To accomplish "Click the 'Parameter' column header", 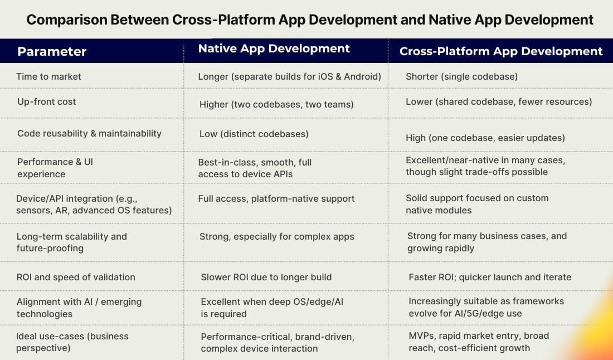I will click(x=52, y=52).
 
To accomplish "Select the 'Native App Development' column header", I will click(x=274, y=48).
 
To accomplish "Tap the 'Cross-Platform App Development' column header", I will click(x=500, y=51).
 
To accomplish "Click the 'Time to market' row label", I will click(x=48, y=76).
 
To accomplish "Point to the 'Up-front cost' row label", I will click(x=46, y=101).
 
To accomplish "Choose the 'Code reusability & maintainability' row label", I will click(x=89, y=133).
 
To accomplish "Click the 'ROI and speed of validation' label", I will click(x=76, y=277).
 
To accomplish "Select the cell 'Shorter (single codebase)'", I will click(x=461, y=76).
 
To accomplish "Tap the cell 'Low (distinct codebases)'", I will click(x=254, y=134).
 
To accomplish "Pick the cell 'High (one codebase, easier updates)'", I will click(x=485, y=138).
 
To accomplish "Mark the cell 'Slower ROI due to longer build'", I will click(x=266, y=277).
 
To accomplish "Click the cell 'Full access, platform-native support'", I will click(x=276, y=198).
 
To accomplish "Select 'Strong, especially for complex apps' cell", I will click(x=276, y=236).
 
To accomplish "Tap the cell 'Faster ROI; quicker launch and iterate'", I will click(x=489, y=277).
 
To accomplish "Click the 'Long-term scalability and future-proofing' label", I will click(x=71, y=242).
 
